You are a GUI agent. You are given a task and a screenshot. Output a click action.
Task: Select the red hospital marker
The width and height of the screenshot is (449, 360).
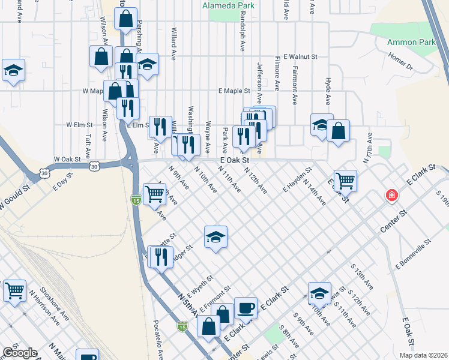point(391,196)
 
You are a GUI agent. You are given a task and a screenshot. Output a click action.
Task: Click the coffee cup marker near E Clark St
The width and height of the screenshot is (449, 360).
point(246,308)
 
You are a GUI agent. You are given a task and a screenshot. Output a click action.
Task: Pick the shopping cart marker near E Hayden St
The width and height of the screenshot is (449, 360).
point(345,179)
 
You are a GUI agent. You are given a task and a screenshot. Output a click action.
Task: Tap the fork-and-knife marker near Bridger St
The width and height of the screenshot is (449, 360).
point(160,257)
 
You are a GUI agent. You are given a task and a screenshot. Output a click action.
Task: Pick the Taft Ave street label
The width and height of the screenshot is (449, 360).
point(88,145)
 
